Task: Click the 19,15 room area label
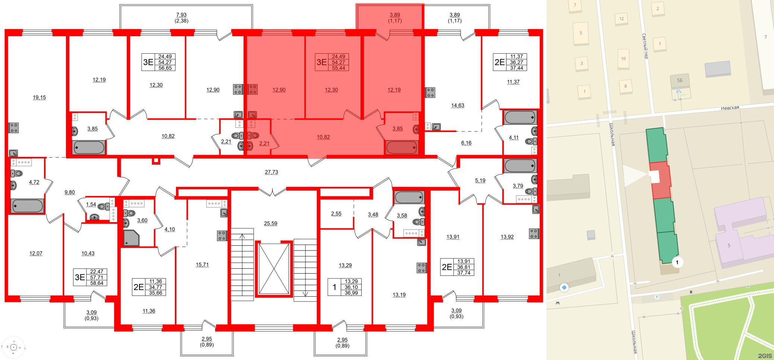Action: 39,98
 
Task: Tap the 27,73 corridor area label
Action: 271,172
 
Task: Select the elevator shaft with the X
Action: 274,269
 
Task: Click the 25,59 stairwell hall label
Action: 270,224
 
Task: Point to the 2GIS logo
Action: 765,356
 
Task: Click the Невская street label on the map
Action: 730,108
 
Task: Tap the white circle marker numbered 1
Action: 677,262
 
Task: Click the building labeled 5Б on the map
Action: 680,80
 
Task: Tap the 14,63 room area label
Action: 457,105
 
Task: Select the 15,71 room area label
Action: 202,265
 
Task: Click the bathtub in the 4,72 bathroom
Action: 27,206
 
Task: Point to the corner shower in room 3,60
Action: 131,238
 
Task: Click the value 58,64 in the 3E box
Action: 97,283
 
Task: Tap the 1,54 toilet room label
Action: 91,205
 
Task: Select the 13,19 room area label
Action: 399,295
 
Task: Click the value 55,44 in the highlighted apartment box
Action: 338,68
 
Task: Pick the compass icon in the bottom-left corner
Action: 13,347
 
